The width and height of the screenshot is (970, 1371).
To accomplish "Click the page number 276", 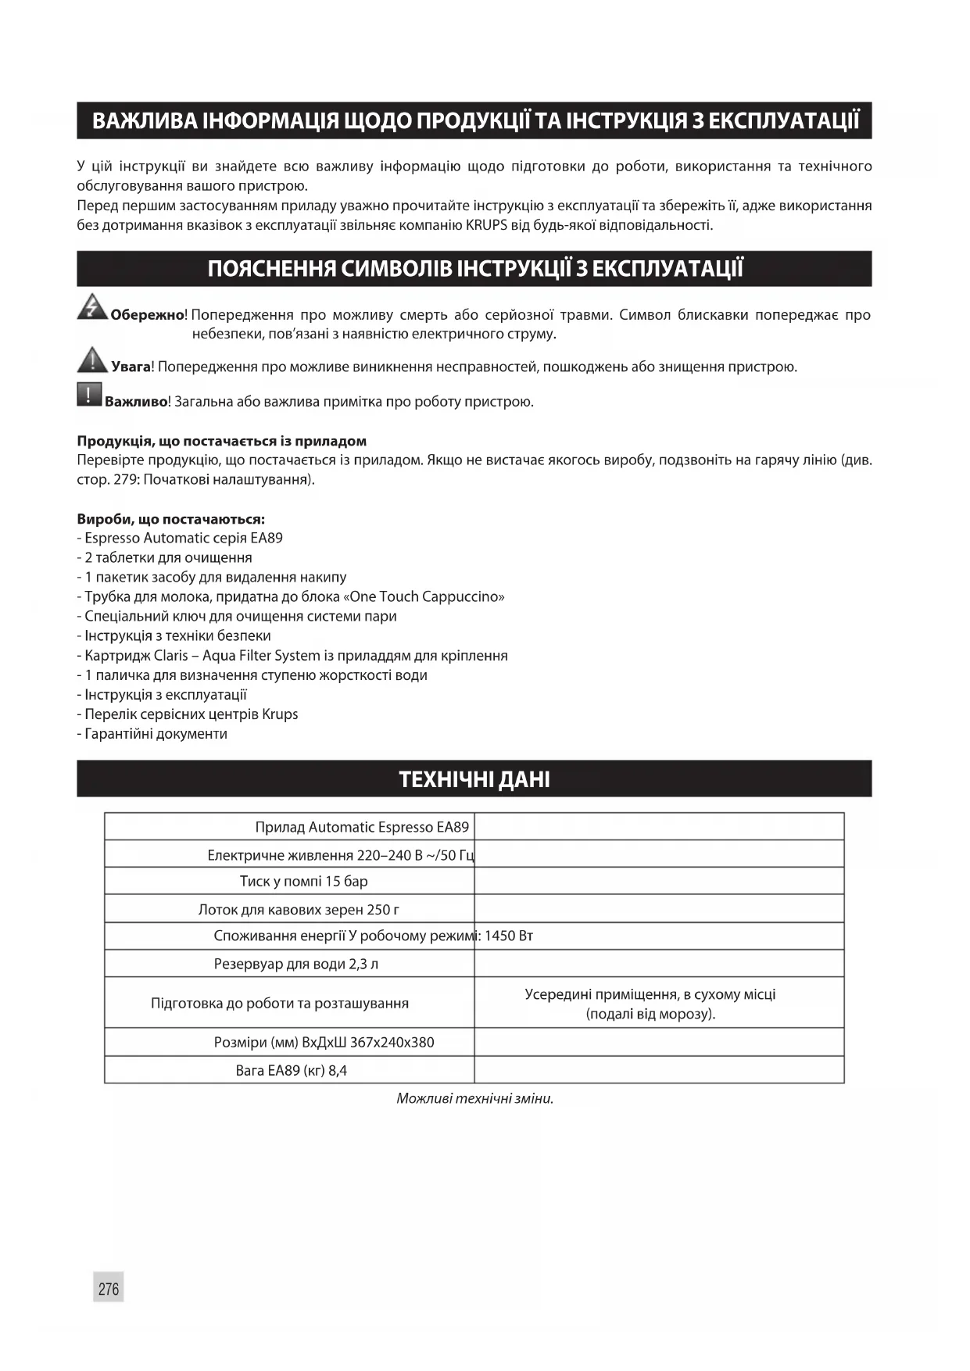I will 109,1288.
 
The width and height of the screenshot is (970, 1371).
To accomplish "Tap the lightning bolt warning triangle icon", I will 92,306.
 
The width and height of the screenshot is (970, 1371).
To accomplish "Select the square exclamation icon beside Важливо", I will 89,394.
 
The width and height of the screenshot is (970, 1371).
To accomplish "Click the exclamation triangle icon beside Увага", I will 92,360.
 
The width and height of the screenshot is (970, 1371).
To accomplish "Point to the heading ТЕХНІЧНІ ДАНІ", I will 474,779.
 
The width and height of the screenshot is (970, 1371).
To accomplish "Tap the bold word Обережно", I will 147,316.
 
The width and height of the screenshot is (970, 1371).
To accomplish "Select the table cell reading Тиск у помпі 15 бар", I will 303,882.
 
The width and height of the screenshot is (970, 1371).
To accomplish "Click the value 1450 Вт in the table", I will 509,936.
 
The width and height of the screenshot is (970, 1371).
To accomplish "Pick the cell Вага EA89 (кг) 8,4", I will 291,1071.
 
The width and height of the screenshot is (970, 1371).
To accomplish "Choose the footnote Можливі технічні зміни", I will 474,1099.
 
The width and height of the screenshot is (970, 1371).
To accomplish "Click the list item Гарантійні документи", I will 156,734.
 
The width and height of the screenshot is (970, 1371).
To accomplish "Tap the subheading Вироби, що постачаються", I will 170,519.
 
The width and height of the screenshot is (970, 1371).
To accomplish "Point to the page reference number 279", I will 125,480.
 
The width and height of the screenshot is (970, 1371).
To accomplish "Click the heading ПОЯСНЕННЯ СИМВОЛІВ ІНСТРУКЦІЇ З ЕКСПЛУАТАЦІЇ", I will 474,269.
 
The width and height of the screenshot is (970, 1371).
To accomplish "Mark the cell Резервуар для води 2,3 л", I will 295,965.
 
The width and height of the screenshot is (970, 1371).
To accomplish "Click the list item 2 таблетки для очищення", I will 168,558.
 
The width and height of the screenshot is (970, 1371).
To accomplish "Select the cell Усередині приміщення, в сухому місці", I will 650,995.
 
